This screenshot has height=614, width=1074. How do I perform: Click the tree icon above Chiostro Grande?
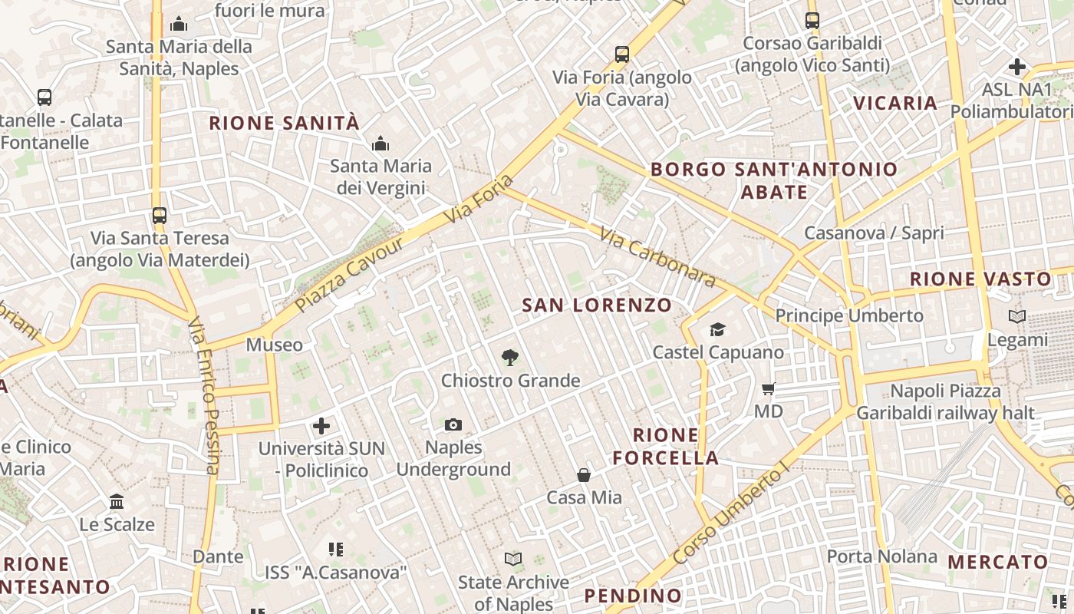click(x=509, y=357)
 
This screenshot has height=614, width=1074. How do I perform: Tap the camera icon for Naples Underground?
click(x=453, y=424)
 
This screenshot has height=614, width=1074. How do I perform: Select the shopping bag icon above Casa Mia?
click(x=584, y=475)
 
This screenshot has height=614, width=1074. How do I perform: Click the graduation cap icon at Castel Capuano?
click(x=717, y=329)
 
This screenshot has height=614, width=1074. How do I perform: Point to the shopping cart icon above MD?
click(x=768, y=388)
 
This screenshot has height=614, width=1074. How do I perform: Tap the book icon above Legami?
click(x=1017, y=316)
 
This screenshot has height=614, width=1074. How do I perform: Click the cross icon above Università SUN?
click(x=321, y=425)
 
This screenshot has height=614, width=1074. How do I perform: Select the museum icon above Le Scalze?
click(x=117, y=502)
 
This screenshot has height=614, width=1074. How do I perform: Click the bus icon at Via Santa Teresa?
click(x=160, y=216)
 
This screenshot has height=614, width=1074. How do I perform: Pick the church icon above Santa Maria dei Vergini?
click(x=381, y=144)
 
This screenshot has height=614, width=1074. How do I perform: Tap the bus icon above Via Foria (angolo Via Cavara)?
click(x=622, y=54)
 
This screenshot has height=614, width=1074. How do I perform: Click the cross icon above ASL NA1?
click(x=1017, y=67)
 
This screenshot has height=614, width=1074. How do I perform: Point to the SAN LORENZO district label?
click(x=597, y=305)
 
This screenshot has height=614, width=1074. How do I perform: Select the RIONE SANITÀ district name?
click(x=284, y=123)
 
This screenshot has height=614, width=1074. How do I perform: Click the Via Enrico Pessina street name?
click(x=204, y=395)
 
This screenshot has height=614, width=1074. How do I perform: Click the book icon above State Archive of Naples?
click(x=513, y=560)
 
